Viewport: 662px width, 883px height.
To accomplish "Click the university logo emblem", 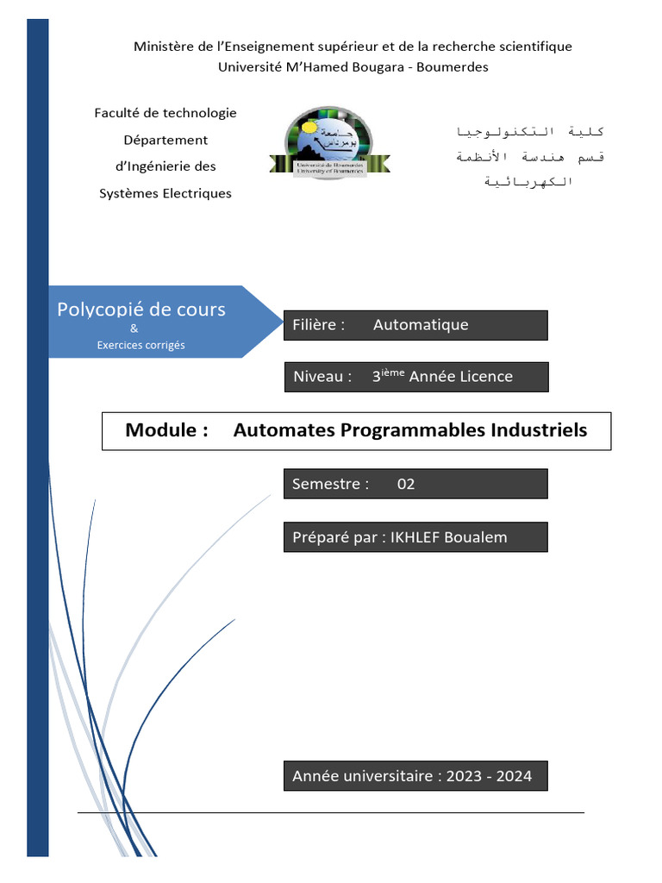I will tap(329, 144).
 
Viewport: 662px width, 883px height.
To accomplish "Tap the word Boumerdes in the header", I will tap(453, 67).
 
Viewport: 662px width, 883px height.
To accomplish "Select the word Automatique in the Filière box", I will tap(421, 325).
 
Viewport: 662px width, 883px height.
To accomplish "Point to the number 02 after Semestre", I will tap(406, 484).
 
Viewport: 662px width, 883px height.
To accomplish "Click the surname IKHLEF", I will tap(416, 537).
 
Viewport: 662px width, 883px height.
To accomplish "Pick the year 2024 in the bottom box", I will tap(514, 776).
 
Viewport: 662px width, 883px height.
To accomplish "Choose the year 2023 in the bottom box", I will tap(465, 776).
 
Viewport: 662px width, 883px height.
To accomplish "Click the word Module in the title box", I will tap(162, 430).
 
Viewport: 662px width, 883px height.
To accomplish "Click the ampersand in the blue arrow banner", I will tap(134, 329).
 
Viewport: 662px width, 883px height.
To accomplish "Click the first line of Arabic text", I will tap(529, 132).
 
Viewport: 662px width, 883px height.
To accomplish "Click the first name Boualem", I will tap(477, 537).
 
